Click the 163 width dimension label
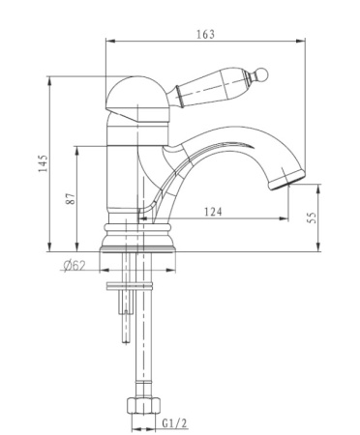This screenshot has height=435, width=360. (x=205, y=34)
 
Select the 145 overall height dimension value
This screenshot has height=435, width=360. (x=44, y=163)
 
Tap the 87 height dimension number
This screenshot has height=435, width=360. (x=71, y=198)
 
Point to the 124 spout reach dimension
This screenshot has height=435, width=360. (x=213, y=212)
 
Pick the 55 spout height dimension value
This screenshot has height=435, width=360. (x=313, y=217)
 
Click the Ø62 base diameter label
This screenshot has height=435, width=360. (x=75, y=266)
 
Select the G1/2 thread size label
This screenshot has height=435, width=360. (x=174, y=423)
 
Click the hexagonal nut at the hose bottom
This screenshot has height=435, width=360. (x=143, y=405)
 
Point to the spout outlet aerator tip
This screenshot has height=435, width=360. (x=287, y=181)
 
